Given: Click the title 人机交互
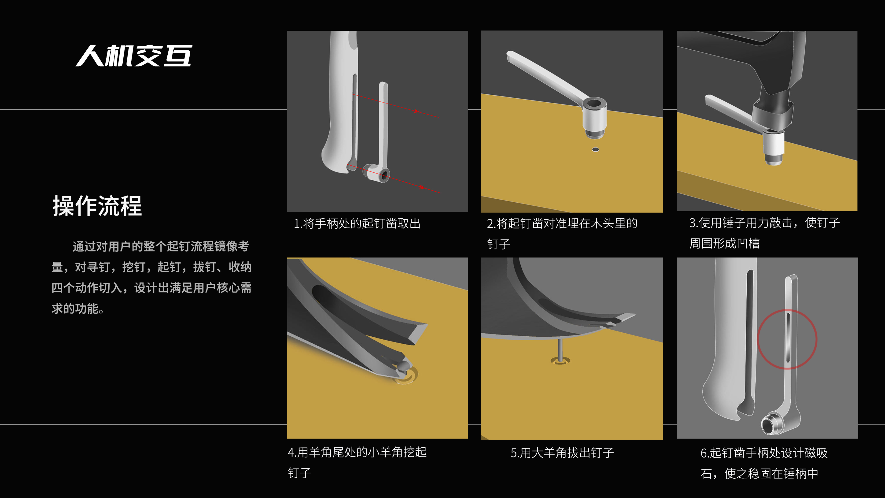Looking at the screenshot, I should click(134, 56).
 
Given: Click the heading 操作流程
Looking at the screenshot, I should click(97, 206).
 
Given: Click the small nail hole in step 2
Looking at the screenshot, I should click(596, 149).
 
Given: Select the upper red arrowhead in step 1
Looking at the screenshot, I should click(416, 111).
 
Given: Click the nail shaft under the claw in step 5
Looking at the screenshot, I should click(560, 349).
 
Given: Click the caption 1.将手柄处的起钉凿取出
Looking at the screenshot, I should click(357, 223).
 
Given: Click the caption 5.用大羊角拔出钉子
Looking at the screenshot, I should click(562, 453).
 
